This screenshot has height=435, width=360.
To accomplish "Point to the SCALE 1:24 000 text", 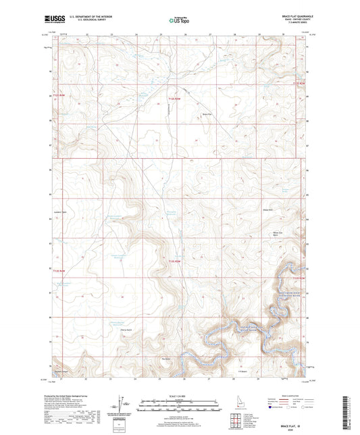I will pos(180,396).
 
